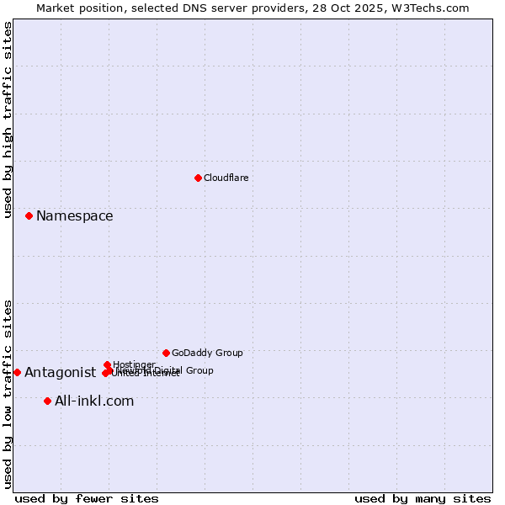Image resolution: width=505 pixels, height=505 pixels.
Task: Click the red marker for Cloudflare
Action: pos(198,178)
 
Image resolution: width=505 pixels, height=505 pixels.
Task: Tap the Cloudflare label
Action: pos(226,178)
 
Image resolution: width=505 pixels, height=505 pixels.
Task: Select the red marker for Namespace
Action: pos(29,215)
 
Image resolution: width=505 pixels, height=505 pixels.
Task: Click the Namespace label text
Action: pos(74,216)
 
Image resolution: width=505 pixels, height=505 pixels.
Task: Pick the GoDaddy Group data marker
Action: pos(166,353)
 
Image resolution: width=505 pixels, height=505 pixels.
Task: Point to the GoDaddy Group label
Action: pos(207,353)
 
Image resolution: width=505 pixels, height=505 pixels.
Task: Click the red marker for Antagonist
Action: pos(17,372)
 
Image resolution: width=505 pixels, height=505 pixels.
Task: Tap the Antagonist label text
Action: pos(60,373)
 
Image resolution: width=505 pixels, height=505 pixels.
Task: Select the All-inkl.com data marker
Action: pos(47,401)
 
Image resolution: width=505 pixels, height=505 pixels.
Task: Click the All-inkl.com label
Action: pos(94,401)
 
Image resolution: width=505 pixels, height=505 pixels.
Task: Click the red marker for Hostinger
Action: pos(107,364)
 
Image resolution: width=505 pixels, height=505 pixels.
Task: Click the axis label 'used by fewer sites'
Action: pos(87,498)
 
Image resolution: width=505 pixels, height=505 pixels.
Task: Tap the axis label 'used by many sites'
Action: pos(423,498)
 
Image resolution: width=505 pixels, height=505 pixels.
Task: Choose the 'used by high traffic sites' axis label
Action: pos(8,120)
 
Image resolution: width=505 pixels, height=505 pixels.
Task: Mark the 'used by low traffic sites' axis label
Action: pos(8,393)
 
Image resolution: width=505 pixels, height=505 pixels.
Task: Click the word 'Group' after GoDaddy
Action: pos(228,353)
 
